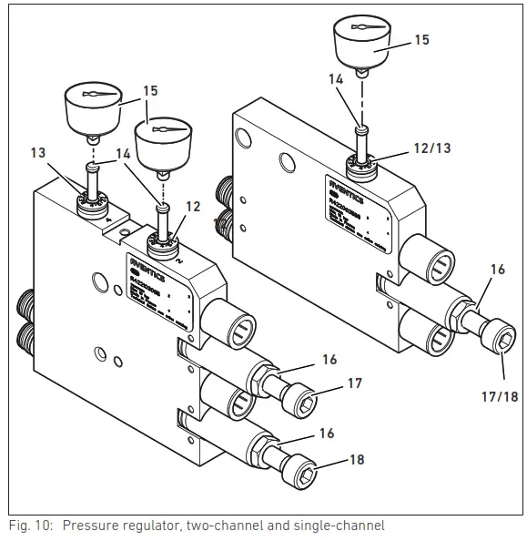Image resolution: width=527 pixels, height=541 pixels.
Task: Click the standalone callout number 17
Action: (x=356, y=383)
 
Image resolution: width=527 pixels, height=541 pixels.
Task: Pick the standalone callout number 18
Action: (x=356, y=460)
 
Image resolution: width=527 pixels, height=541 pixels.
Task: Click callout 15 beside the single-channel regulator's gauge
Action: (x=421, y=40)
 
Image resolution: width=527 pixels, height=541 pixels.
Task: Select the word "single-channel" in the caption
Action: (x=341, y=526)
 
